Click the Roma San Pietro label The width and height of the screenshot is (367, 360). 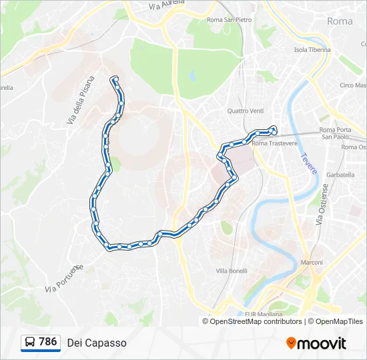[230, 20]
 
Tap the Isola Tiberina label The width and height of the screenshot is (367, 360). [312, 50]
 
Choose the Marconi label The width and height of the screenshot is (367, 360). [312, 262]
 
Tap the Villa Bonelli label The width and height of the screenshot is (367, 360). [232, 271]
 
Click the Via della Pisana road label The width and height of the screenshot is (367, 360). [81, 101]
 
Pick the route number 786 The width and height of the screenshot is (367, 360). [48, 342]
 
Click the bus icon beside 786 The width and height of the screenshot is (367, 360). [30, 343]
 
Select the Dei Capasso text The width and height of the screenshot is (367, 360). [97, 343]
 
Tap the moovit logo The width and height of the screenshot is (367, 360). [316, 343]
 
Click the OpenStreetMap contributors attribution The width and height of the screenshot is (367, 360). [256, 321]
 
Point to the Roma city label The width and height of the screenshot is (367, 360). [340, 21]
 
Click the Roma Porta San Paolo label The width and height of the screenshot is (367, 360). [335, 133]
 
